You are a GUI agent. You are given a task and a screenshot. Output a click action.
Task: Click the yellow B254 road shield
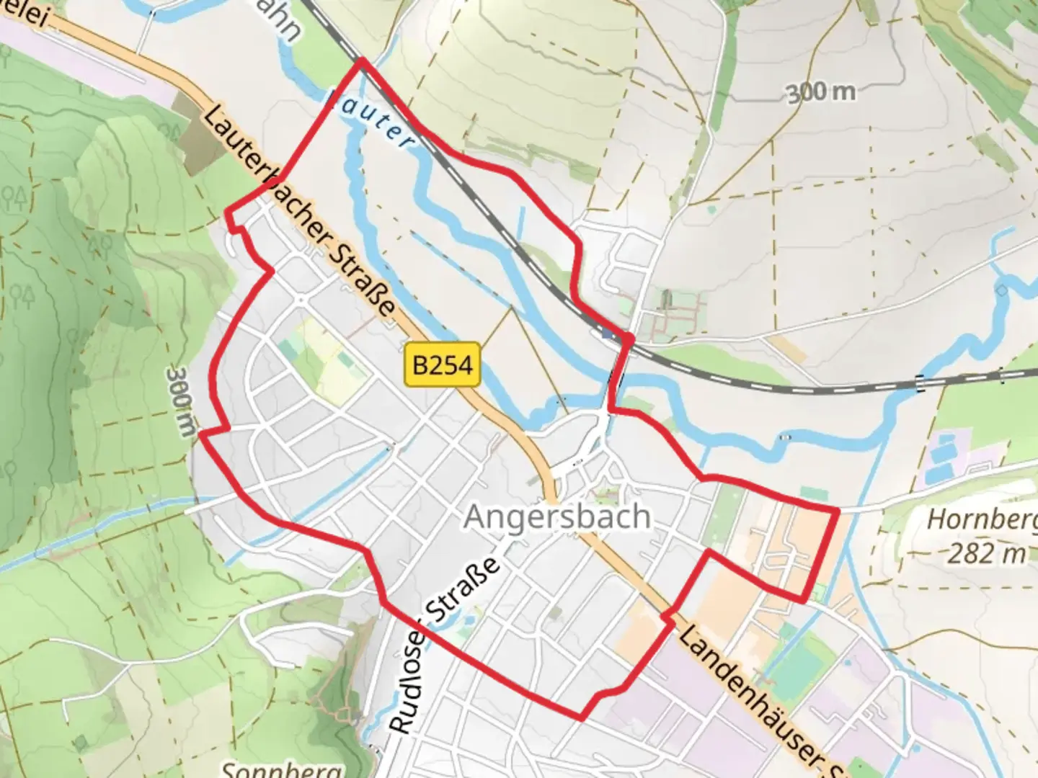point(443,365)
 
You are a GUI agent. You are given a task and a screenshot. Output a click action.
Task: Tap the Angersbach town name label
point(557,517)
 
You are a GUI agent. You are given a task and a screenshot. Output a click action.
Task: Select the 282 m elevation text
point(985,553)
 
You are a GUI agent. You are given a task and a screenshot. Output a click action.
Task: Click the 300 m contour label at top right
point(821,92)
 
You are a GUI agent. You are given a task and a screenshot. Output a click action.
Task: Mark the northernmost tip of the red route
point(361,61)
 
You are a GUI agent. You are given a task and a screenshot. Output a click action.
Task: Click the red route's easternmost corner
point(838,511)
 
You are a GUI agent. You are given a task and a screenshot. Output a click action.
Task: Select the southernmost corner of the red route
point(580,718)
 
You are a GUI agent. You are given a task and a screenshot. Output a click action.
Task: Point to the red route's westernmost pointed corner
point(200,434)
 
